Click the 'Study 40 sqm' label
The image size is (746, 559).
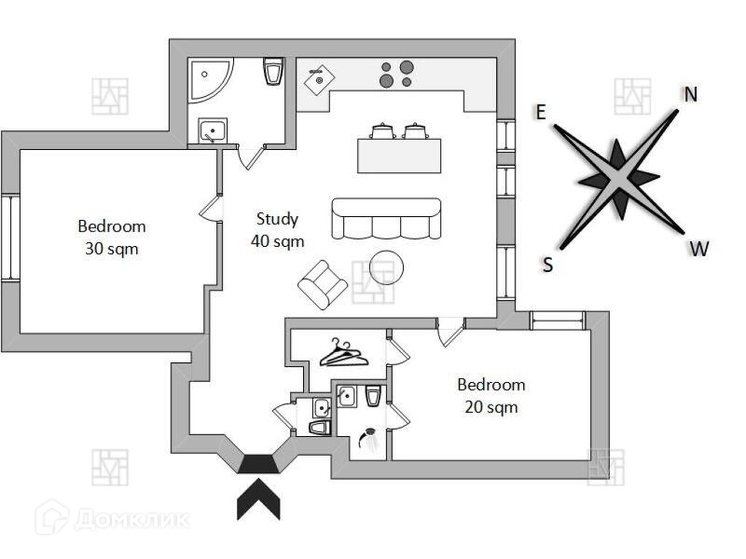pyautogui.click(x=276, y=229)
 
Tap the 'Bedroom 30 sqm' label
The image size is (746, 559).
pyautogui.click(x=112, y=237)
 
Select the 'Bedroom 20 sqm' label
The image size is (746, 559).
pyautogui.click(x=490, y=395)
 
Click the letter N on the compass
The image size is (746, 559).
pyautogui.click(x=691, y=94)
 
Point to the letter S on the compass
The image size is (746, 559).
pyautogui.click(x=548, y=266)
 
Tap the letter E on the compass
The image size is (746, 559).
pyautogui.click(x=541, y=113)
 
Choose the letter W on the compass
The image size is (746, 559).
pyautogui.click(x=698, y=249)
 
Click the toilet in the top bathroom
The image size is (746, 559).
pyautogui.click(x=273, y=71)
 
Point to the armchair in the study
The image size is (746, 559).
pyautogui.click(x=322, y=284)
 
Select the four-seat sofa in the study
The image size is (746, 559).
pyautogui.click(x=384, y=219)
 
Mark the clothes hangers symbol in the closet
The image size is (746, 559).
pyautogui.click(x=341, y=354)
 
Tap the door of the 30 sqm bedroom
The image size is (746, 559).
pyautogui.click(x=212, y=210)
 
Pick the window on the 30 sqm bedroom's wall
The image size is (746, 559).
pyautogui.click(x=9, y=237)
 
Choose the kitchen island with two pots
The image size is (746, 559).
pyautogui.click(x=399, y=152)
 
